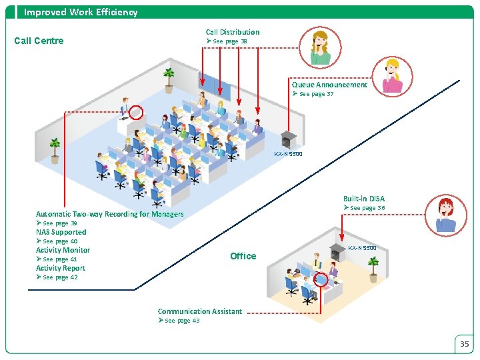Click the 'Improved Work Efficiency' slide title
81,12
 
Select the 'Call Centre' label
39,41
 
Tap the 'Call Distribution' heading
232,32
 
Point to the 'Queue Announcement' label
329,85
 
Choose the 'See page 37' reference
313,94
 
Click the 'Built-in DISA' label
364,199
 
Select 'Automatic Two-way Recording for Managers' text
109,214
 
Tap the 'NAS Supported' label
61,232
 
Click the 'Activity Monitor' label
63,250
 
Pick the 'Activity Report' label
61,268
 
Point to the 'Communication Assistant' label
199,311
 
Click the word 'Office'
243,256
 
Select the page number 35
465,344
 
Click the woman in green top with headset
321,48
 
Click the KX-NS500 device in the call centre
288,139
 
